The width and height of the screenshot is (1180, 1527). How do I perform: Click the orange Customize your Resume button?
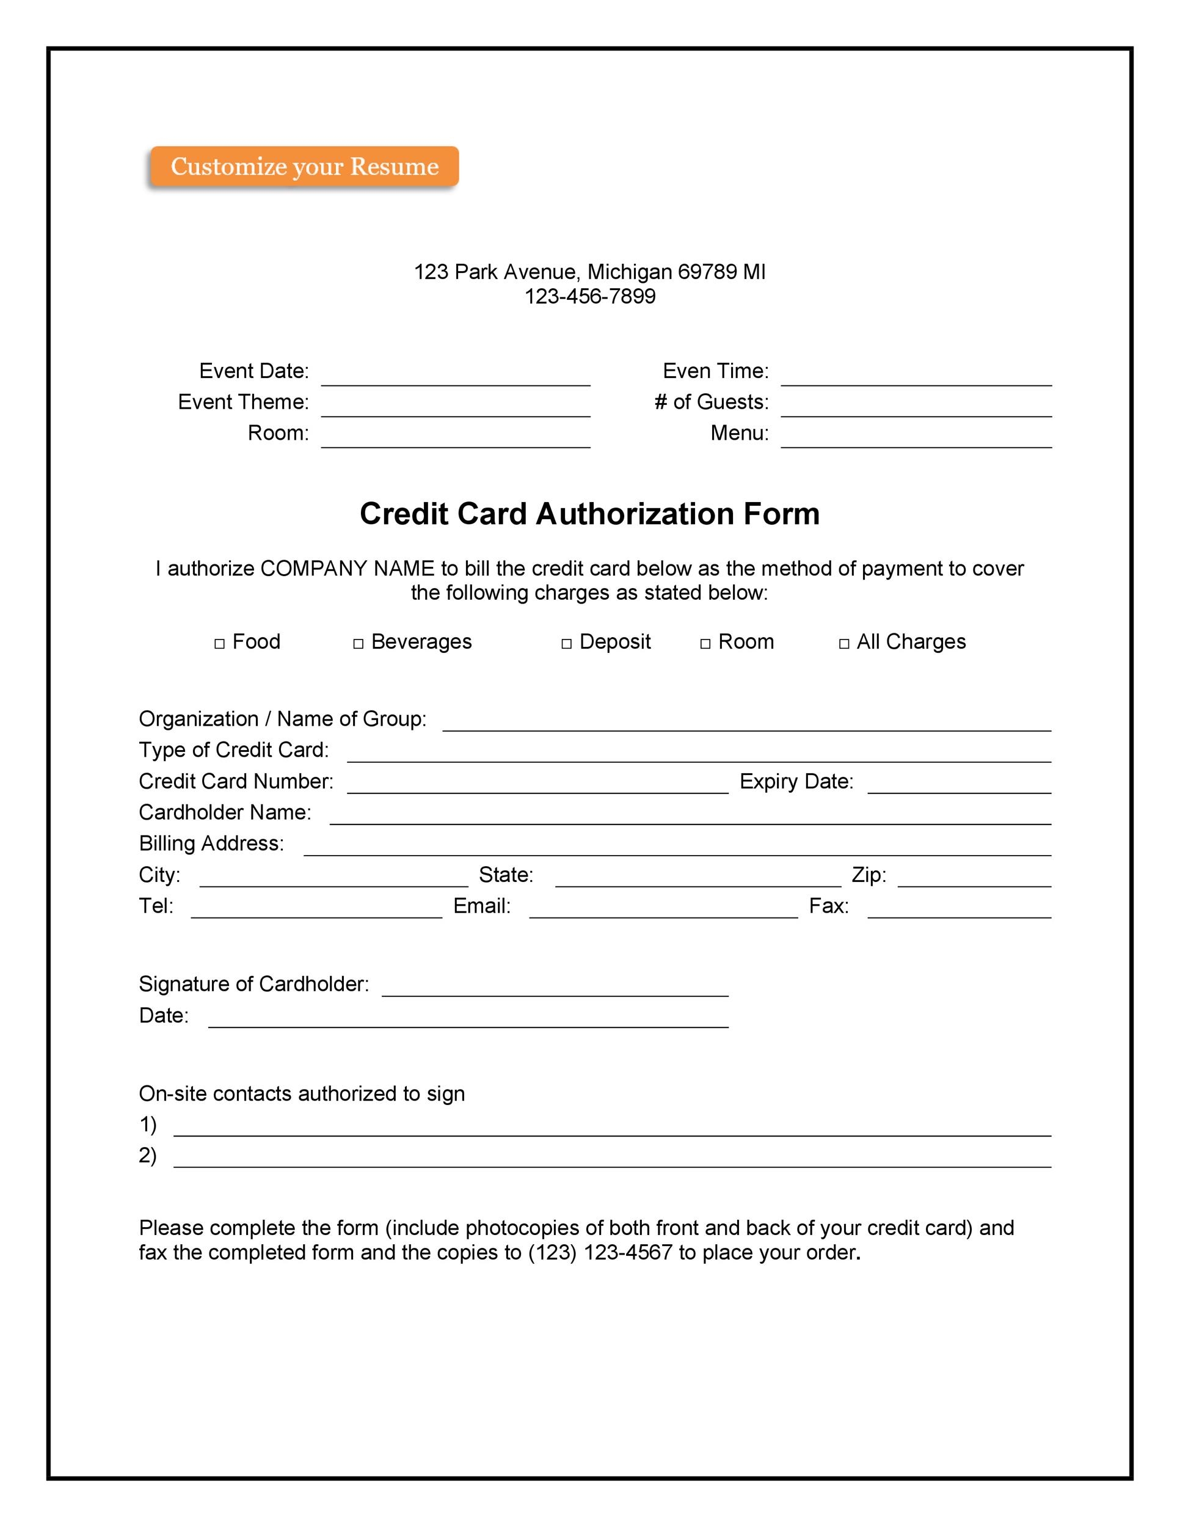tap(304, 166)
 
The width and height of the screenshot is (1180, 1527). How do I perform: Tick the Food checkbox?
tap(219, 643)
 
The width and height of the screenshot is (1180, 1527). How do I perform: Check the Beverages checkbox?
tap(358, 643)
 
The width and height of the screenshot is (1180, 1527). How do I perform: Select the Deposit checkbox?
tap(566, 643)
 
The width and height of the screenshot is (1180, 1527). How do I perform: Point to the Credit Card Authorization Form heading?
tap(589, 514)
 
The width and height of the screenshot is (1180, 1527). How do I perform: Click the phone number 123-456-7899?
tap(590, 296)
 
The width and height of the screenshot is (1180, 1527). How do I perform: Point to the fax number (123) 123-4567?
tap(600, 1252)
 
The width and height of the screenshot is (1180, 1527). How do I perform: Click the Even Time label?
tap(715, 371)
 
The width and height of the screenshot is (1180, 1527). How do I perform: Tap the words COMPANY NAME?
tap(348, 569)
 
